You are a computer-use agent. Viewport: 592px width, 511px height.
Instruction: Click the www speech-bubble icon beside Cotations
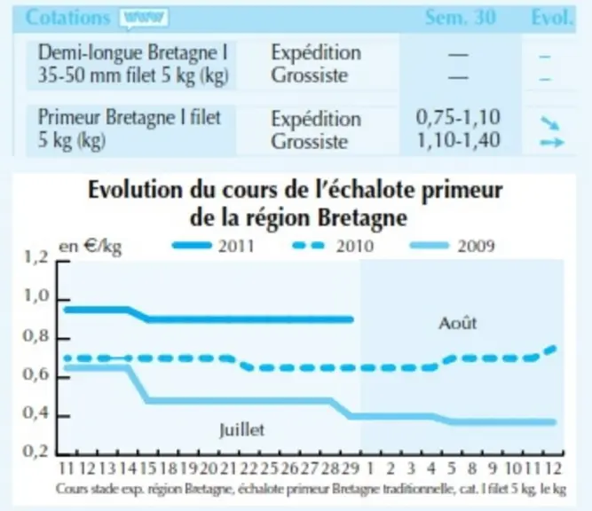[x=144, y=19]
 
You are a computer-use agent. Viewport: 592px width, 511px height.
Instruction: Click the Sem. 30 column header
[x=461, y=18]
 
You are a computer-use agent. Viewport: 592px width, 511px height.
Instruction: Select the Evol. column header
[x=551, y=18]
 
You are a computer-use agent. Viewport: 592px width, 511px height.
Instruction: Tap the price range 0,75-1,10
[x=458, y=117]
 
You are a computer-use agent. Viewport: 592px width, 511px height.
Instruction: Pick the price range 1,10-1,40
[x=458, y=140]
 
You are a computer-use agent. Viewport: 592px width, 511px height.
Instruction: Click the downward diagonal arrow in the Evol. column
[x=549, y=123]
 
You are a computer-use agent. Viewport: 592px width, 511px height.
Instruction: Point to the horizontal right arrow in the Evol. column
[x=552, y=143]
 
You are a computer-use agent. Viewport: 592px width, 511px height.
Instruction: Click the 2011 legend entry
[x=213, y=246]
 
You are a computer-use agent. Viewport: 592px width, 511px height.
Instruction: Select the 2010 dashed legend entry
[x=334, y=246]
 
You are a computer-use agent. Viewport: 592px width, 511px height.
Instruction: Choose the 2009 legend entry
[x=453, y=246]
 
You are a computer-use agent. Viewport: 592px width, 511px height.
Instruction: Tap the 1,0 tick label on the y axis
[x=36, y=296]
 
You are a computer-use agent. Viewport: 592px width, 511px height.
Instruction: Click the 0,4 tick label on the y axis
[x=36, y=413]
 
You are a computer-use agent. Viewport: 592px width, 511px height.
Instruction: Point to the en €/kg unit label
[x=91, y=247]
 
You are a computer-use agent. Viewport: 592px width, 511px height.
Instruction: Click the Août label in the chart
[x=458, y=323]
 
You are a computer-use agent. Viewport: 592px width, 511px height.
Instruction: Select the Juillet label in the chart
[x=242, y=430]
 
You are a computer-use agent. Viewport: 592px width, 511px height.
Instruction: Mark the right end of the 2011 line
[x=351, y=319]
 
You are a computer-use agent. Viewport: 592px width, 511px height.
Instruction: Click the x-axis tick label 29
[x=350, y=468]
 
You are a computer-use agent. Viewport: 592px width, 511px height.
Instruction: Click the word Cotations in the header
[x=68, y=18]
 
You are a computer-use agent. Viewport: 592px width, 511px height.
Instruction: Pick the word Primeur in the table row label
[x=68, y=117]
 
